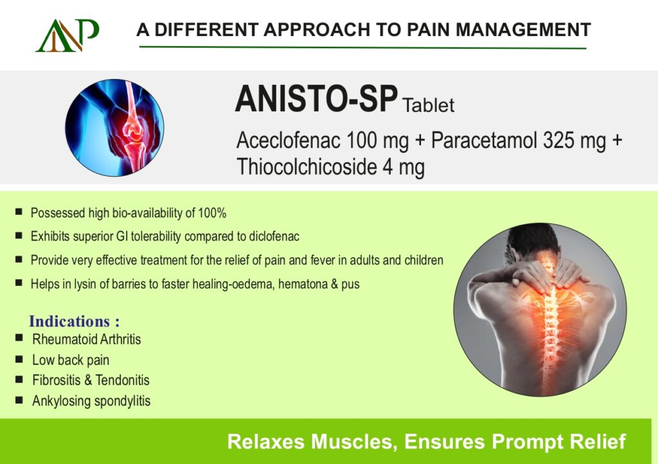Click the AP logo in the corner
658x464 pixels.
pyautogui.click(x=67, y=35)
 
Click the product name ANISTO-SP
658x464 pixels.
pyautogui.click(x=316, y=98)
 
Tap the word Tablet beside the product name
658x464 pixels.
pyautogui.click(x=428, y=105)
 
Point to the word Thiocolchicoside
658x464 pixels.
pyautogui.click(x=307, y=166)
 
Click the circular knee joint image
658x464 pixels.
pyautogui.click(x=114, y=127)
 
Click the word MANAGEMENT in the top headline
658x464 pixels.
pyautogui.click(x=523, y=30)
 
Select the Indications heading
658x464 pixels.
pyautogui.click(x=75, y=321)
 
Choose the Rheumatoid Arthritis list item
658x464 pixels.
pyautogui.click(x=87, y=339)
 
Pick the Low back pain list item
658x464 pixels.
pyautogui.click(x=71, y=360)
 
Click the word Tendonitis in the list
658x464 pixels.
pyautogui.click(x=123, y=380)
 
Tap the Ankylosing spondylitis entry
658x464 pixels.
pyautogui.click(x=91, y=400)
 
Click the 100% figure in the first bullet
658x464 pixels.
pyautogui.click(x=212, y=213)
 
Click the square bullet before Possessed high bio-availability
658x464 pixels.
pyautogui.click(x=19, y=211)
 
